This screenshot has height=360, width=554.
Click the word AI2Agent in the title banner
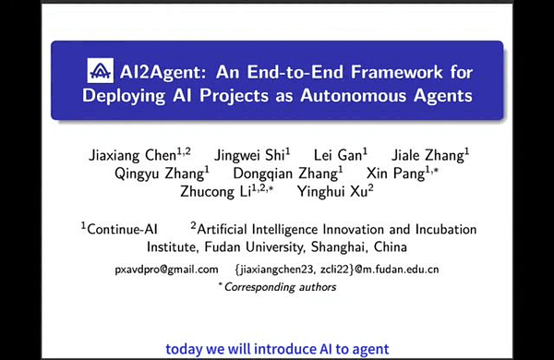[160, 71]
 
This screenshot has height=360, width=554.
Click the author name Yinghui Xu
[332, 191]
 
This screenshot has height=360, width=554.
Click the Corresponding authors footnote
[277, 287]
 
